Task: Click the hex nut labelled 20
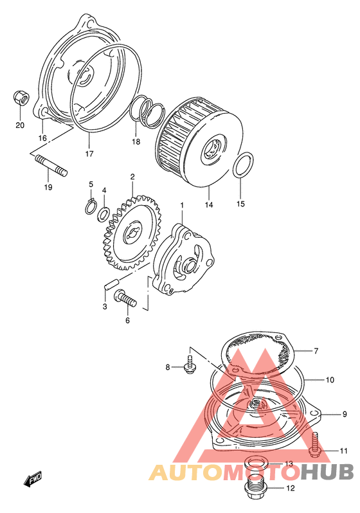(x=21, y=98)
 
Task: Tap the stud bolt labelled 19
(x=51, y=165)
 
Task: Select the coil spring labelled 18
(x=147, y=111)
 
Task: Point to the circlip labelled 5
(x=91, y=206)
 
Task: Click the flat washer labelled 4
(x=104, y=214)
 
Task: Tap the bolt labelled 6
(x=125, y=298)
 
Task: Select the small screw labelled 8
(x=190, y=364)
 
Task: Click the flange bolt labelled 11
(x=314, y=445)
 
